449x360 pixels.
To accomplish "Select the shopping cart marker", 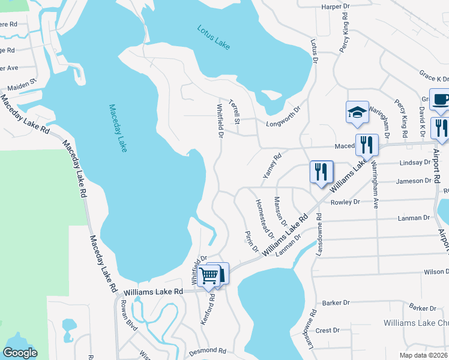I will coord(209,276).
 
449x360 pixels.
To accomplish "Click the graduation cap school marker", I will coord(357,112).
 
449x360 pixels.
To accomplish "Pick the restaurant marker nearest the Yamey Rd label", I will coord(321,172).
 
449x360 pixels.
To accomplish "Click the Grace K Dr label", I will coord(434,79).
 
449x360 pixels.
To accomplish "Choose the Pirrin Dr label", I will coord(250,241).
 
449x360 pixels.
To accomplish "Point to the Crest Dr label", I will coord(328,330).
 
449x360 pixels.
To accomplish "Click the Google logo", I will coord(20,353).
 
